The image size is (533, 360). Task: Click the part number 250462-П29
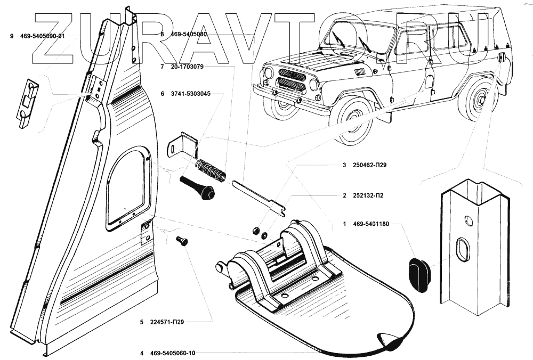(x=369, y=165)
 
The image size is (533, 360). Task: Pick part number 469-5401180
(x=372, y=224)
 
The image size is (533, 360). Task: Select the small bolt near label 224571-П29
(x=182, y=241)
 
